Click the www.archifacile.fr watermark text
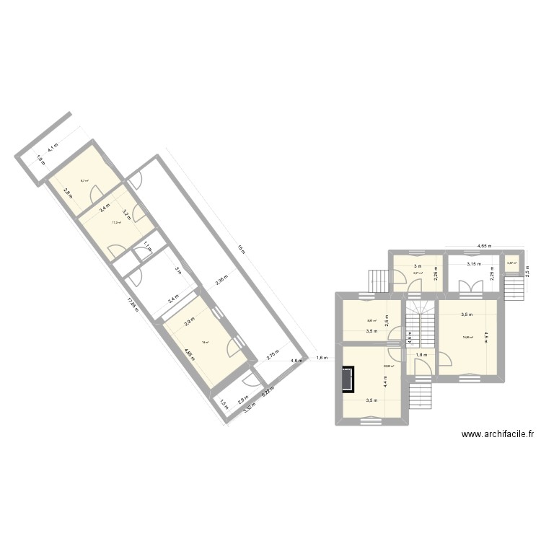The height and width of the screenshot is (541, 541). tap(498, 434)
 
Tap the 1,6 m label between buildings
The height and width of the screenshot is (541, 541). tap(322, 359)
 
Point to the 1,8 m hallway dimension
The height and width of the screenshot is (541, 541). tap(421, 354)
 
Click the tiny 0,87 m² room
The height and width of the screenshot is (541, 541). tap(511, 265)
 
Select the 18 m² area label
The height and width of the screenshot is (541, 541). tap(205, 343)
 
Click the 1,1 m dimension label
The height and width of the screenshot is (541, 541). tap(146, 245)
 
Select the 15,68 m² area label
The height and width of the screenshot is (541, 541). tap(468, 337)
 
